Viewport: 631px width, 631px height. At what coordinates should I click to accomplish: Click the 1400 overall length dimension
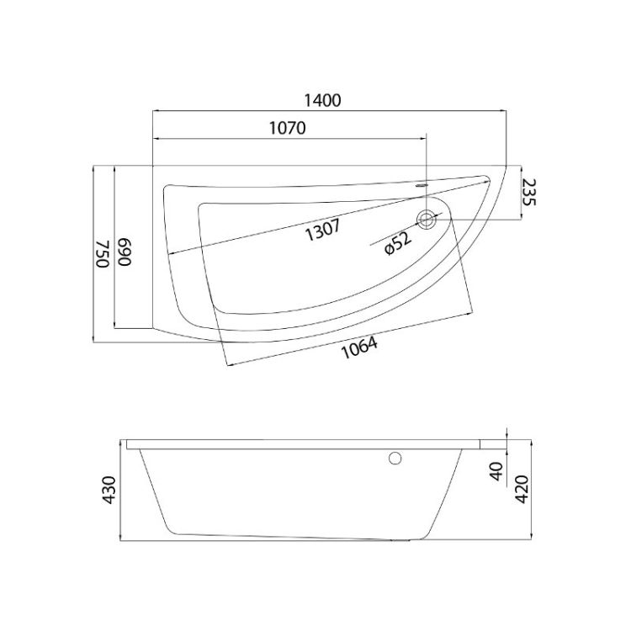[x=322, y=100]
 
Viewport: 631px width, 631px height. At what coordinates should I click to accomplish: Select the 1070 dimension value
[x=288, y=128]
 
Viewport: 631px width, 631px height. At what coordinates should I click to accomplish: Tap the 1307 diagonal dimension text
[x=323, y=230]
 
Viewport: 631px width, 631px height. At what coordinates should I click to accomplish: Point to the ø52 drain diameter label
[x=398, y=243]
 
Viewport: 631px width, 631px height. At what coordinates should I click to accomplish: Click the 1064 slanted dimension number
[x=359, y=347]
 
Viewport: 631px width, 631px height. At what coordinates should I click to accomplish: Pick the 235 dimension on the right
[x=529, y=193]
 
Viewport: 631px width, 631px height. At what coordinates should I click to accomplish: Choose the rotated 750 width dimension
[x=103, y=253]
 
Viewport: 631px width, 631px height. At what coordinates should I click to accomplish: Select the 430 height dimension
[x=109, y=490]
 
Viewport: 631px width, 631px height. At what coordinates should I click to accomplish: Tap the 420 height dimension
[x=522, y=490]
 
